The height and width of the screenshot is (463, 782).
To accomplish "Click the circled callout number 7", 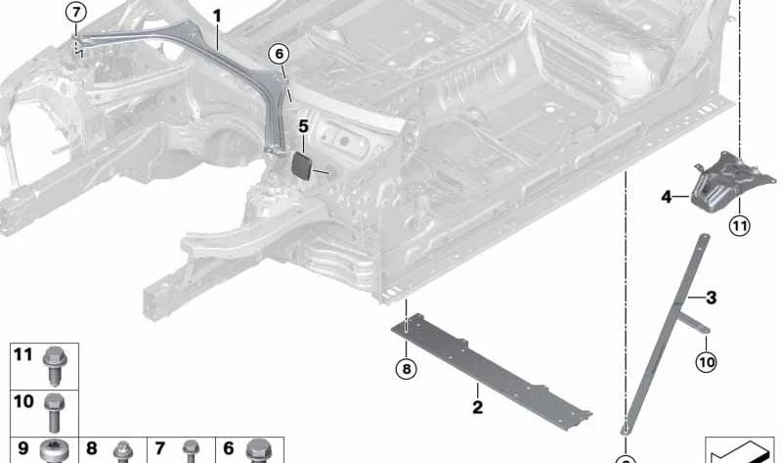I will (x=76, y=13).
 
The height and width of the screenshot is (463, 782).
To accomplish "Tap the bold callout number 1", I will (x=216, y=16).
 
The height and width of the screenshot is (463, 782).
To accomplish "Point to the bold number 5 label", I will (x=304, y=126).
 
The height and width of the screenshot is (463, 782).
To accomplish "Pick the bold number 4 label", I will (x=666, y=197).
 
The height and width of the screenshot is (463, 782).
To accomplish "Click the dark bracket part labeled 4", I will (x=717, y=182).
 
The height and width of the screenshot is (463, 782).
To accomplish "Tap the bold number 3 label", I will (x=711, y=297).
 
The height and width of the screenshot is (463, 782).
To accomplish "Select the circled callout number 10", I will (x=706, y=361).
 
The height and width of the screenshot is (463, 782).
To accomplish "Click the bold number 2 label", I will (x=477, y=407).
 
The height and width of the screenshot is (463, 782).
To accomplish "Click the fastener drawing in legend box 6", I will (x=257, y=451).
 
